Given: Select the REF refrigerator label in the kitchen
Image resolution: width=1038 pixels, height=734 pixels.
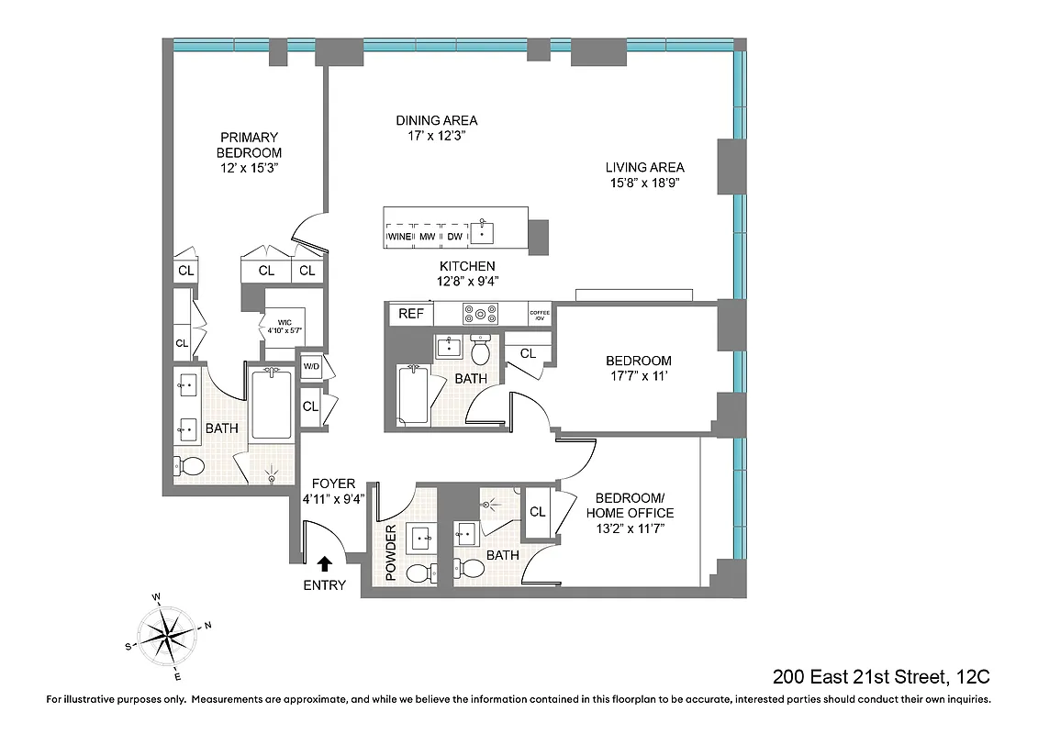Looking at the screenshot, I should click(x=410, y=314).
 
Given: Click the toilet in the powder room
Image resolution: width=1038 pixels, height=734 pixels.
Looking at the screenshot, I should click(x=418, y=574).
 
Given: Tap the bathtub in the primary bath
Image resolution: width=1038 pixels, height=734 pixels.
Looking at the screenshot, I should click(x=271, y=405).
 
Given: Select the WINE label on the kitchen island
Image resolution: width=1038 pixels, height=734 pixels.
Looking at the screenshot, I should click(x=400, y=237).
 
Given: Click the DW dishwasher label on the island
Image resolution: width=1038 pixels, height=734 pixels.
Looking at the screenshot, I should click(x=454, y=237).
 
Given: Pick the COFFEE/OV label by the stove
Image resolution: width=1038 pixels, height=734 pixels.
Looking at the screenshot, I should click(x=540, y=315).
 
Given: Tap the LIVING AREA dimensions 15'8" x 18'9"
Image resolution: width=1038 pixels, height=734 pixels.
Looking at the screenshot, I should click(x=644, y=183).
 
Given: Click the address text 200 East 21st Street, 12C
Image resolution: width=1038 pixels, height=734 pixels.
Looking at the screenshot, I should click(x=881, y=678).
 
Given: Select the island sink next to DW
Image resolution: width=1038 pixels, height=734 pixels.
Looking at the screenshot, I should click(x=482, y=233).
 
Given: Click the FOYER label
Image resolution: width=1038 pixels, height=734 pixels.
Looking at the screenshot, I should click(x=333, y=484).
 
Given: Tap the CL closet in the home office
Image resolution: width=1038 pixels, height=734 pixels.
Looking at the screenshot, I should click(x=538, y=512).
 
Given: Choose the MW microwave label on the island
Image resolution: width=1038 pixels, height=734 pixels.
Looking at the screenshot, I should click(x=427, y=237).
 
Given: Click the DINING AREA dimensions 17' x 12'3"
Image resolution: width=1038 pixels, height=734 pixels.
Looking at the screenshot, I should click(x=437, y=137).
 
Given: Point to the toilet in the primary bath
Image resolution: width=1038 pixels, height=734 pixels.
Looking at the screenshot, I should click(x=192, y=464).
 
